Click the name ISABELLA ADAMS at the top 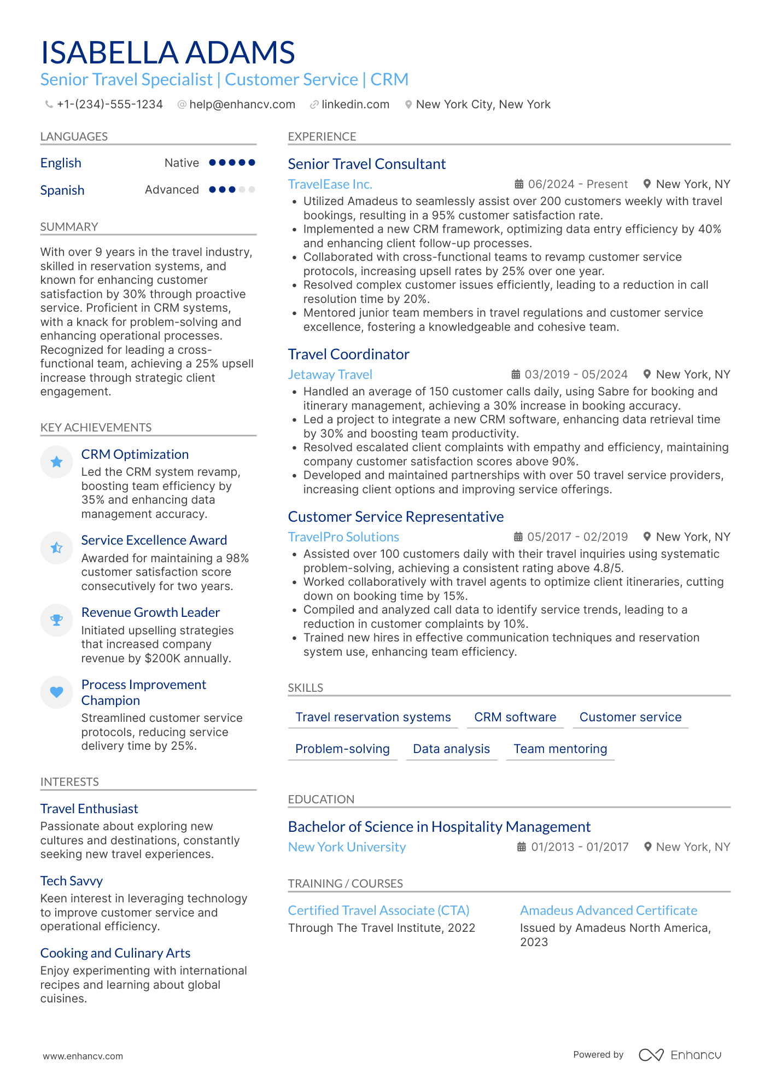(x=168, y=52)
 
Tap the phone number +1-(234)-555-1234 (x=109, y=104)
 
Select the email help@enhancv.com (x=242, y=104)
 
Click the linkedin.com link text (x=355, y=104)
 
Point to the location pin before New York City (x=408, y=104)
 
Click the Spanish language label (x=62, y=190)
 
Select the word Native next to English (x=182, y=163)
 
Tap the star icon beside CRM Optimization (x=56, y=462)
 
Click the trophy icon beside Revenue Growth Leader (x=56, y=620)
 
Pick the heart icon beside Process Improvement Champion (x=56, y=692)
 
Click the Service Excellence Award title (x=154, y=540)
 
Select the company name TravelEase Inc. (x=330, y=184)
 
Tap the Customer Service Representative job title (x=395, y=517)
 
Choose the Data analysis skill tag (x=451, y=749)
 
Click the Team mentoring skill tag (x=560, y=749)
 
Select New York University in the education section (x=347, y=847)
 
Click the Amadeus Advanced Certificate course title (x=608, y=911)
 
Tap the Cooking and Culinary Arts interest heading (x=115, y=953)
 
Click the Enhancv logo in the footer (x=680, y=1055)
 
